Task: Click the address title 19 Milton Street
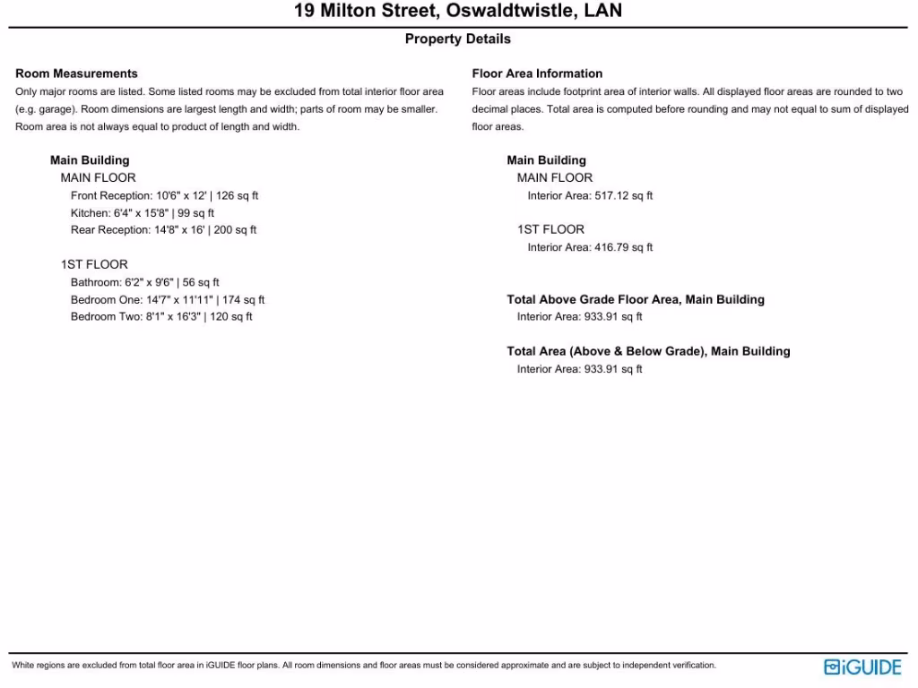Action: [x=458, y=12]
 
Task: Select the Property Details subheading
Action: [x=458, y=39]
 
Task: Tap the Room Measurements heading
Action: [x=76, y=73]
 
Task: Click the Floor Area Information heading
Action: [x=537, y=73]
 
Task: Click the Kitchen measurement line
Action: [x=143, y=213]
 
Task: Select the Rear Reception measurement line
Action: [x=163, y=230]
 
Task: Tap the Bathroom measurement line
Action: [x=145, y=282]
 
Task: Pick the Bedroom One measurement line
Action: [x=168, y=300]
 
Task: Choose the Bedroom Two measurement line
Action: [x=161, y=317]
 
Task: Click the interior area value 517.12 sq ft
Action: [x=623, y=195]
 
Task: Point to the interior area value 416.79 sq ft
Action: [x=623, y=247]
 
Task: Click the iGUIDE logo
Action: [x=862, y=667]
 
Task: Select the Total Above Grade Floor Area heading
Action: [x=636, y=299]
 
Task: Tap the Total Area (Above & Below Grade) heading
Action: [x=648, y=351]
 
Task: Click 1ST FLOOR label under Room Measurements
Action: [x=94, y=264]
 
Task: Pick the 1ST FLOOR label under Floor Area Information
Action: [x=550, y=229]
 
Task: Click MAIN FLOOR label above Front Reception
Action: [x=98, y=177]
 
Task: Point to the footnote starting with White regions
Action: [x=364, y=666]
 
